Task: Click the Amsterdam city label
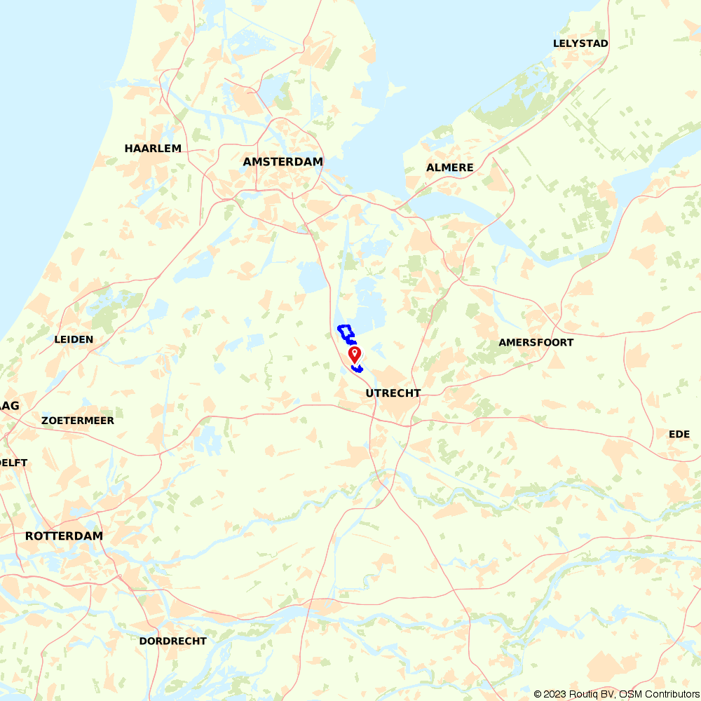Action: pyautogui.click(x=283, y=162)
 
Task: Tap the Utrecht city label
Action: pyautogui.click(x=393, y=393)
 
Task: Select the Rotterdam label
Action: pyautogui.click(x=64, y=536)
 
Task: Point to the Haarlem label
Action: pyautogui.click(x=153, y=149)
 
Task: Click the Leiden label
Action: pyautogui.click(x=74, y=339)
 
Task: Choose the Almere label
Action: pyautogui.click(x=450, y=168)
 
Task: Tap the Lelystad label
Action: pyautogui.click(x=580, y=43)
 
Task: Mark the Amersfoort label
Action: pyautogui.click(x=536, y=343)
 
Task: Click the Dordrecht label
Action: pyautogui.click(x=172, y=641)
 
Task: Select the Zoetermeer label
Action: pyautogui.click(x=78, y=421)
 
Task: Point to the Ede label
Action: pyautogui.click(x=679, y=435)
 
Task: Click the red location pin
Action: pyautogui.click(x=355, y=353)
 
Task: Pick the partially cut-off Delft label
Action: pyautogui.click(x=13, y=463)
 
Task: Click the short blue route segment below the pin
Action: pyautogui.click(x=357, y=368)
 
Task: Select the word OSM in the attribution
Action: pyautogui.click(x=633, y=694)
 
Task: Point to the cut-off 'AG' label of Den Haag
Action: pyautogui.click(x=10, y=406)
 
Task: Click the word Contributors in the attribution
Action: pyautogui.click(x=673, y=694)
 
